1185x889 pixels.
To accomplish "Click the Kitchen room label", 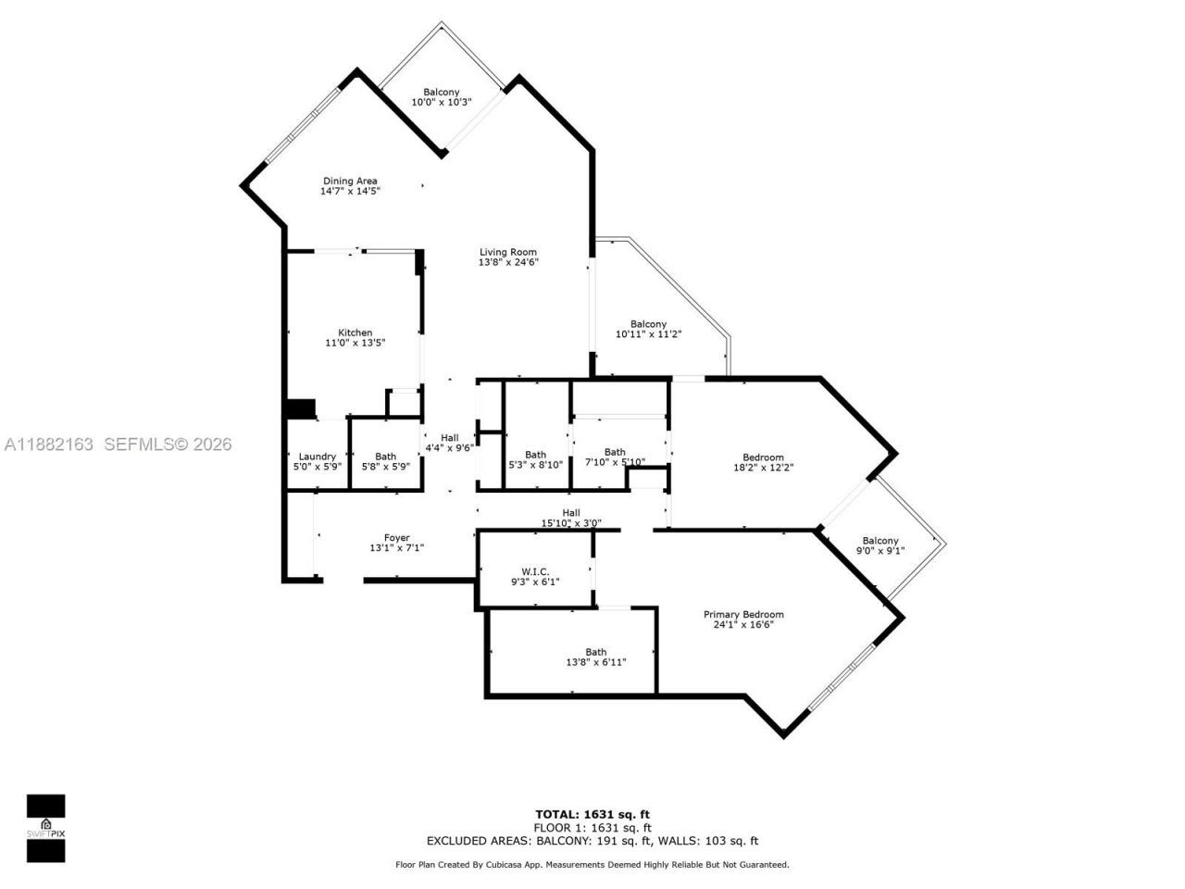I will click(x=355, y=332).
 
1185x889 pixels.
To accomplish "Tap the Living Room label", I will click(x=507, y=252).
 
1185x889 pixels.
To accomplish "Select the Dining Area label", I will click(x=350, y=181).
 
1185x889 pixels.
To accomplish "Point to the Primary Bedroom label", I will click(x=743, y=614).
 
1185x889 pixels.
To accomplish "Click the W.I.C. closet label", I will click(x=535, y=570).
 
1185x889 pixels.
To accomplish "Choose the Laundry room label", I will click(x=317, y=456).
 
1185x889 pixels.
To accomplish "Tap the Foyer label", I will click(x=396, y=537).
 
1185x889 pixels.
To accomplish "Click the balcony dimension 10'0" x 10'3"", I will click(x=442, y=102).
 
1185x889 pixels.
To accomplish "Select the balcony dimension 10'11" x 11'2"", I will click(x=648, y=334).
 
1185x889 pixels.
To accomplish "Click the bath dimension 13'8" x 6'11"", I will click(x=596, y=662).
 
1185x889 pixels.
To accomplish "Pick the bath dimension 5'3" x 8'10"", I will click(x=535, y=465).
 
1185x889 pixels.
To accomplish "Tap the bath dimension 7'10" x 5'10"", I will click(x=615, y=462).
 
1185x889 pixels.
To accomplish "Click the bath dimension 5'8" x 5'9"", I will click(x=385, y=467).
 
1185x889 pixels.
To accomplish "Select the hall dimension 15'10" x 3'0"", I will click(x=571, y=523).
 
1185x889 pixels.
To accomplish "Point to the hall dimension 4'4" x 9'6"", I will click(x=449, y=447).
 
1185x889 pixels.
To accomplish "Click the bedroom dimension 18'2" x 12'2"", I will click(x=763, y=468).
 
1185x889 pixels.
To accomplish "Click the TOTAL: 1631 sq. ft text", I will click(x=592, y=815).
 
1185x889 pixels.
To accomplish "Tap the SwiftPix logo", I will click(x=45, y=828).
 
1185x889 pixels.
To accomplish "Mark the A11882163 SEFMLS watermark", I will click(x=117, y=444).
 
